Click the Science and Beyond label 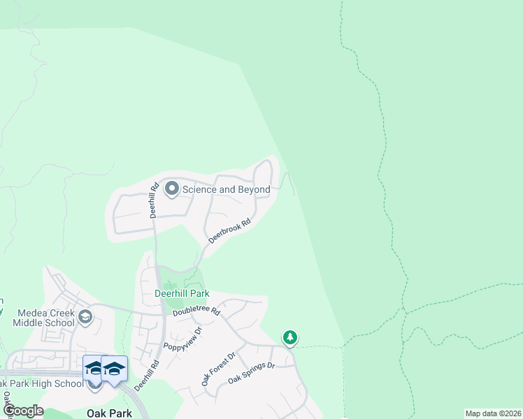click(x=226, y=189)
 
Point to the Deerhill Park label click(x=182, y=294)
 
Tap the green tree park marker click(x=290, y=338)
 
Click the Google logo click(x=23, y=411)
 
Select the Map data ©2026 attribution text click(x=493, y=413)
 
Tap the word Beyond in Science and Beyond click(x=253, y=189)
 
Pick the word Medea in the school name click(x=27, y=312)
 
